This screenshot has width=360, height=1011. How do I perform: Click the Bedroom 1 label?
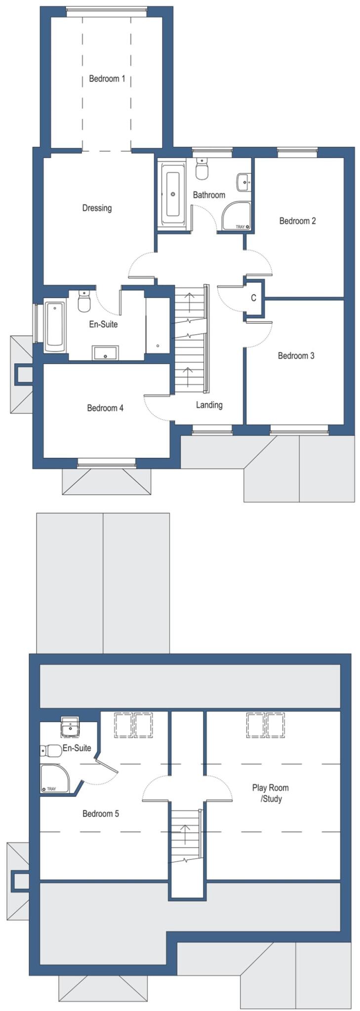[x=107, y=78]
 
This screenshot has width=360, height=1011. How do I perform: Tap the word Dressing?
[x=97, y=208]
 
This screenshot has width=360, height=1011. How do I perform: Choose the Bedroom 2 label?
[x=297, y=221]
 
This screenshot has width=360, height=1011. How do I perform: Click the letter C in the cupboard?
[x=254, y=298]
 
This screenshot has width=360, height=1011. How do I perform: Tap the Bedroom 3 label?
[x=296, y=355]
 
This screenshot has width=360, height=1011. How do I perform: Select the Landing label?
[x=209, y=405]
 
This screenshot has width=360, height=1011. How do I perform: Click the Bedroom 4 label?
[x=105, y=408]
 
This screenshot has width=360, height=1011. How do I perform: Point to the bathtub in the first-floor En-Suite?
[x=55, y=327]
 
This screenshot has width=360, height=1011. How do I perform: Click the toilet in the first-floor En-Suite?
[x=84, y=301]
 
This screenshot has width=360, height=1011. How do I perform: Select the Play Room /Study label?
[x=271, y=793]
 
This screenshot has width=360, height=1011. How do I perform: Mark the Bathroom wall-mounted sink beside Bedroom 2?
[x=243, y=182]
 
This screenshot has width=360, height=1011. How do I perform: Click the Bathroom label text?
[x=209, y=195]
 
